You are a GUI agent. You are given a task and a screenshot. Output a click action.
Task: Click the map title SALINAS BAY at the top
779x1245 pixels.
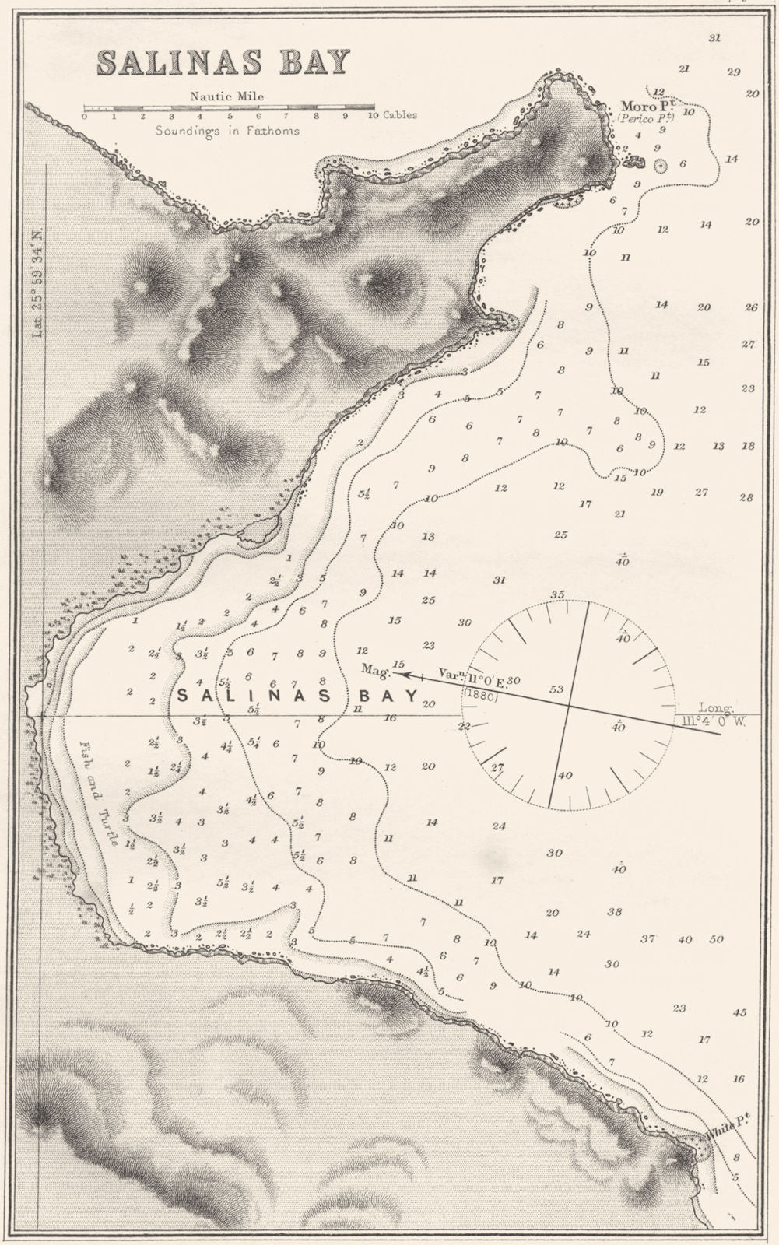[x=223, y=61]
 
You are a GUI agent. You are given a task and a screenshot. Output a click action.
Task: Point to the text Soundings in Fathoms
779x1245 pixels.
[x=226, y=131]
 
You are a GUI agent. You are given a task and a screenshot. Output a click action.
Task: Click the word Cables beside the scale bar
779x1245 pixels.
[x=399, y=115]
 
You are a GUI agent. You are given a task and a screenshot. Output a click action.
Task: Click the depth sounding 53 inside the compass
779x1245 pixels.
[x=556, y=689]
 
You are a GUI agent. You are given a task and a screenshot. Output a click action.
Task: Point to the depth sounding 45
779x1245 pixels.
[x=739, y=1012]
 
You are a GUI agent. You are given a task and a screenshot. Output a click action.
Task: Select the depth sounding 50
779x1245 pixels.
[x=716, y=940]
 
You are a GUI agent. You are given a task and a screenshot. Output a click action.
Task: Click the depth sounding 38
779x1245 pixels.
[x=615, y=912]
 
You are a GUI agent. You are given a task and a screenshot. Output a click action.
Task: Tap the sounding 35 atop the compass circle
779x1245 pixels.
[x=557, y=595]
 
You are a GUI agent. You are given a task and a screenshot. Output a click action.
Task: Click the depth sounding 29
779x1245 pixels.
[x=733, y=72]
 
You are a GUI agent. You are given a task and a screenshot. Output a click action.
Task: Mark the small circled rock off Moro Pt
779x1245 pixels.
[x=661, y=165]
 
